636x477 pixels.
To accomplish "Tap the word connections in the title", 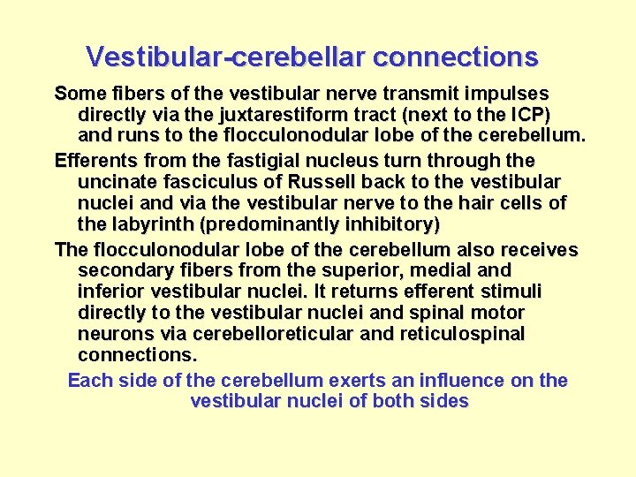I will click(455, 57).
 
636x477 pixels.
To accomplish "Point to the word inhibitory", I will click(393, 224).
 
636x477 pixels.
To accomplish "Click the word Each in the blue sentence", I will click(87, 381).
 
